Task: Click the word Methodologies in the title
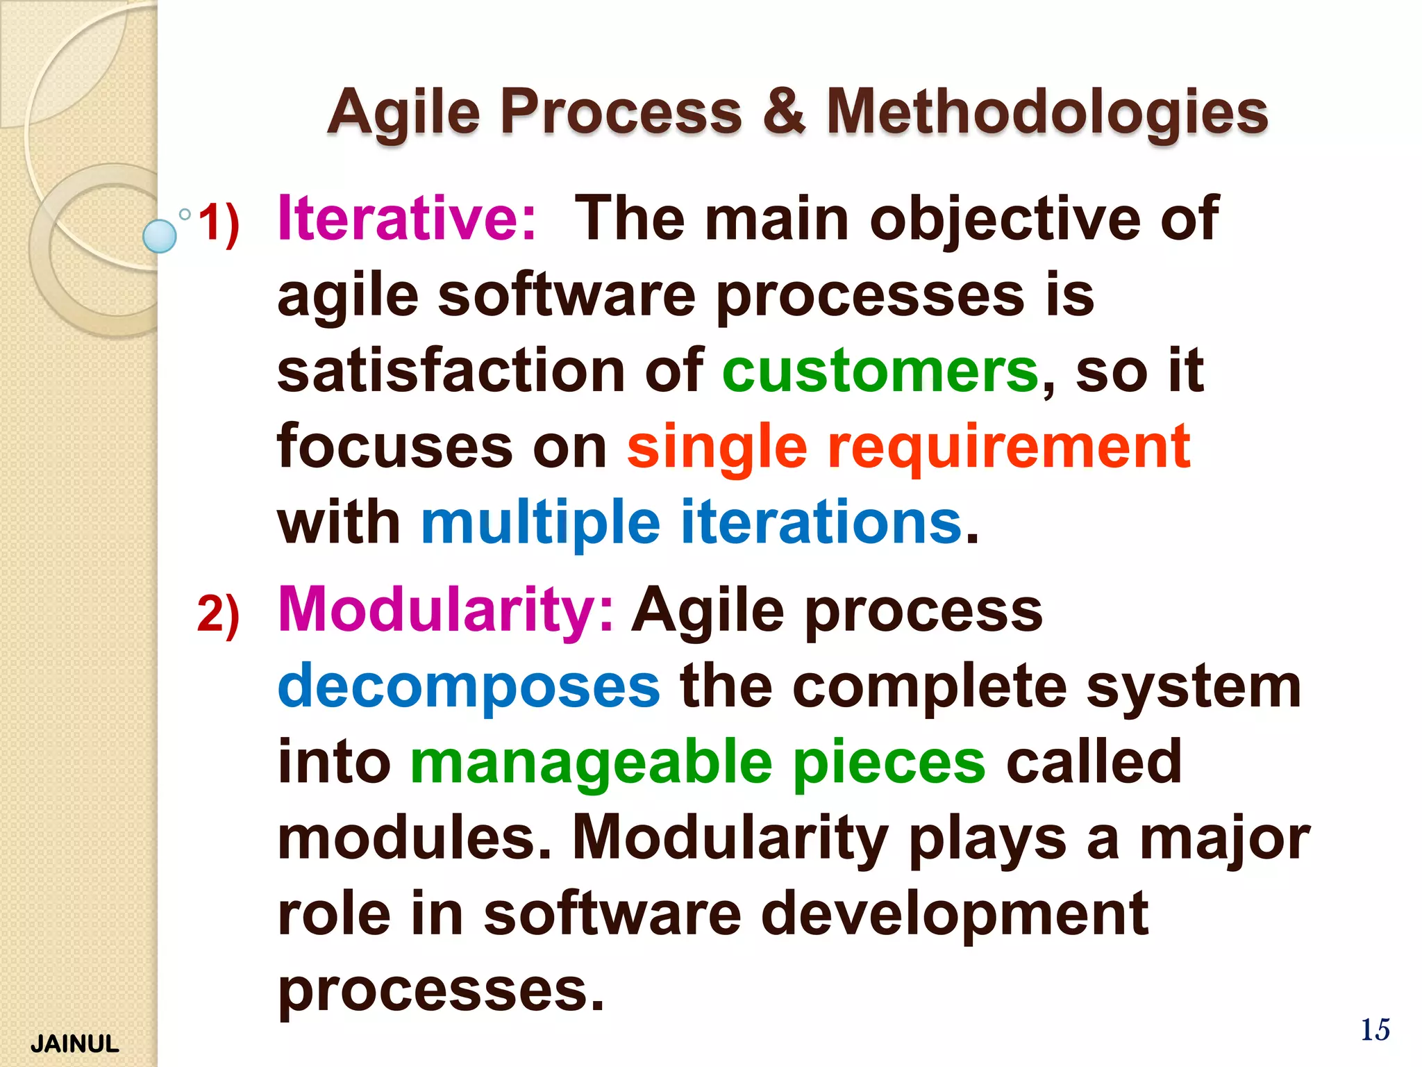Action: click(x=1047, y=113)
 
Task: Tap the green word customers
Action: click(x=880, y=371)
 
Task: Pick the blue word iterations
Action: click(x=821, y=522)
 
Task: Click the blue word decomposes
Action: click(x=469, y=686)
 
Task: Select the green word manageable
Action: click(x=591, y=763)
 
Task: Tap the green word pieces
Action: click(x=889, y=763)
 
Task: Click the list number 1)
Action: click(x=219, y=224)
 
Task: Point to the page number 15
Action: click(x=1374, y=1030)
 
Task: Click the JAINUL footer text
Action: click(x=74, y=1043)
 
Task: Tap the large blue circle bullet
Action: click(x=160, y=236)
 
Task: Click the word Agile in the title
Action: click(x=403, y=113)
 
